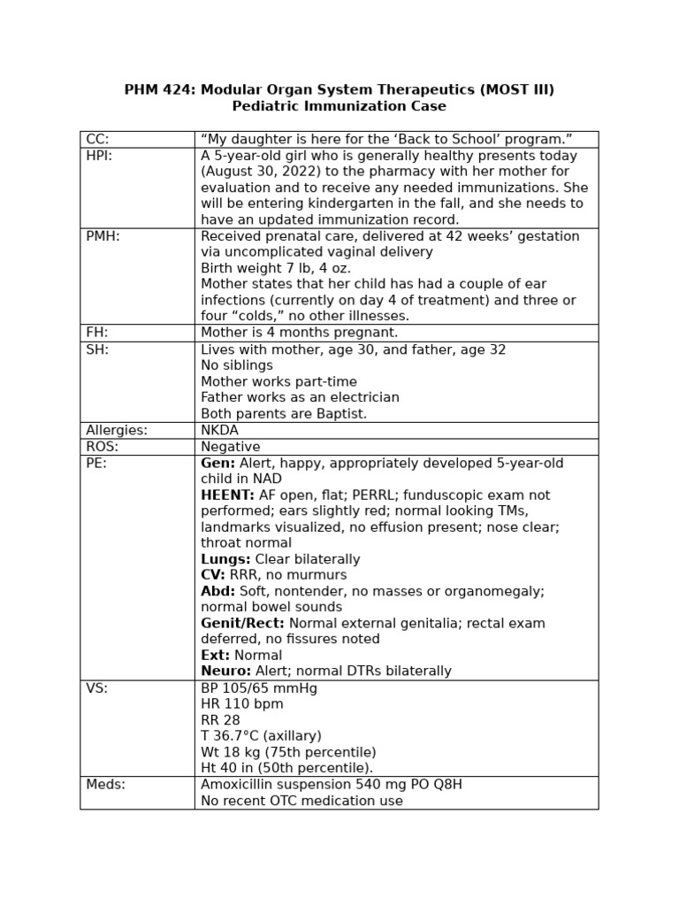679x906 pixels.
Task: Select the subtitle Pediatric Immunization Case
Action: click(x=339, y=106)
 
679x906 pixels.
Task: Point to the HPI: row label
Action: click(x=100, y=156)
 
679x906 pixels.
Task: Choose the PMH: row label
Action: click(x=103, y=236)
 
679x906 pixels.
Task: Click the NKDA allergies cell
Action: click(x=220, y=430)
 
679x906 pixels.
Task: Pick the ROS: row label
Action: click(x=103, y=447)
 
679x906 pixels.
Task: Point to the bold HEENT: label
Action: click(x=227, y=495)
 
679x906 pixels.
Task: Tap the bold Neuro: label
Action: click(x=225, y=671)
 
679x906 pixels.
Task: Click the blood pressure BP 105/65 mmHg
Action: click(x=258, y=688)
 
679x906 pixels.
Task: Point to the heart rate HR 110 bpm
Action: click(x=242, y=704)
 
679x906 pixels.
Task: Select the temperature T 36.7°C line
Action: click(x=261, y=736)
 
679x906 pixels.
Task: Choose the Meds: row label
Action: click(x=105, y=784)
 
